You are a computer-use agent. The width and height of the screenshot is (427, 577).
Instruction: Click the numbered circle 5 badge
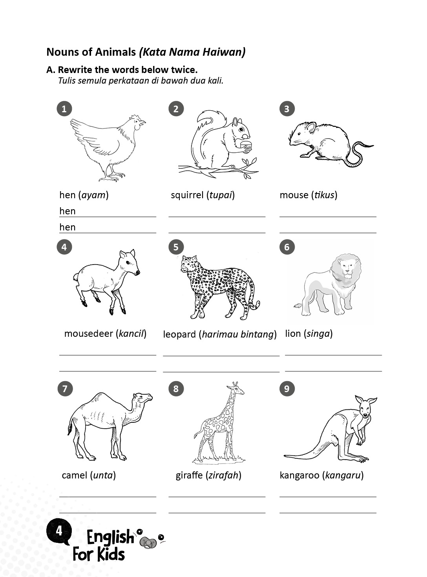tap(176, 247)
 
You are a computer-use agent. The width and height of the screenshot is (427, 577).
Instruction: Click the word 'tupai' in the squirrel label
tap(221, 195)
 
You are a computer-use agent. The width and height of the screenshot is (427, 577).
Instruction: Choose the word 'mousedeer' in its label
tap(89, 334)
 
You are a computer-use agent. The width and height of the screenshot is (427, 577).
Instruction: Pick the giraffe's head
tap(237, 389)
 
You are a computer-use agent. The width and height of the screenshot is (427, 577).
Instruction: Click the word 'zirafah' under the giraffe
tap(223, 475)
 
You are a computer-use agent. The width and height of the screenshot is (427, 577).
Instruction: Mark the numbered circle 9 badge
tap(287, 389)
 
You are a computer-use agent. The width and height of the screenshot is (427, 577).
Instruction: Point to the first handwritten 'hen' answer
tap(68, 211)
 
